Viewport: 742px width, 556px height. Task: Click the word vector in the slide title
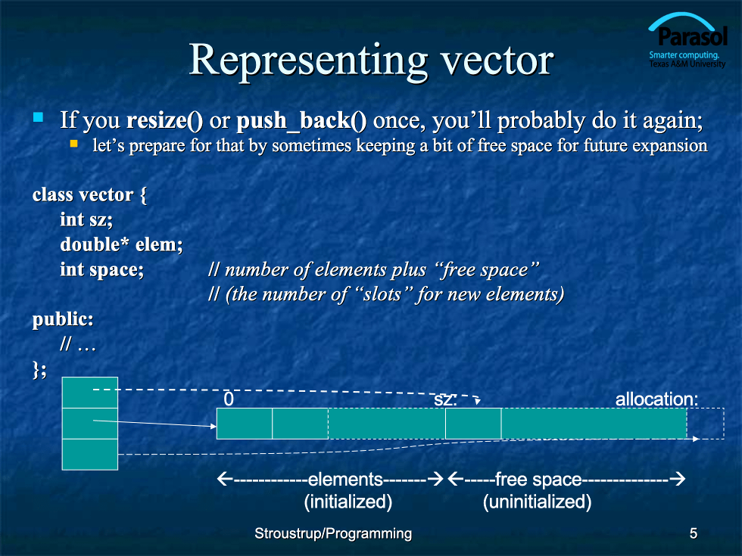tap(497, 61)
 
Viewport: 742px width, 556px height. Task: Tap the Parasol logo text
tap(692, 36)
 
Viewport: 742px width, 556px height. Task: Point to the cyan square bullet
tap(38, 116)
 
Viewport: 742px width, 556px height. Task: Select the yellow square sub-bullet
tap(74, 143)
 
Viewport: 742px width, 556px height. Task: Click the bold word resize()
tap(165, 120)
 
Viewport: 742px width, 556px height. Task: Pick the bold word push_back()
tap(301, 121)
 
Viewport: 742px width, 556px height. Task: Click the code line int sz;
tap(86, 220)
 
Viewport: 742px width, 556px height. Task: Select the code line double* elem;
tap(121, 244)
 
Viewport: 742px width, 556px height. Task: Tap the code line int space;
tap(101, 269)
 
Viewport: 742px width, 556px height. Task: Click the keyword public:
tap(63, 319)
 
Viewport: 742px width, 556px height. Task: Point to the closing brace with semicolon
tap(39, 369)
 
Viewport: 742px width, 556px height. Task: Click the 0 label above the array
tap(229, 399)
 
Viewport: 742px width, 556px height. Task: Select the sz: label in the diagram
tap(445, 400)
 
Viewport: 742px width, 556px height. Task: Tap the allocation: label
tap(656, 399)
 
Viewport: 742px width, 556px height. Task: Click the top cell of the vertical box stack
tap(90, 393)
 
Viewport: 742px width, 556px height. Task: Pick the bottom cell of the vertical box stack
tap(90, 455)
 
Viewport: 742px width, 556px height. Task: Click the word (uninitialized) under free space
tap(537, 502)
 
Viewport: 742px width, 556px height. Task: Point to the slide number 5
tap(694, 533)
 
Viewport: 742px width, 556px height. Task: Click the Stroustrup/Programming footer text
tap(333, 533)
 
